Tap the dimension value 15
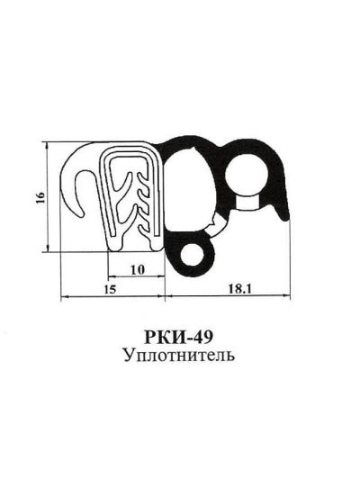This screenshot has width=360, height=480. [110, 289]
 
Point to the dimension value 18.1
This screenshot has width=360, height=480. [231, 289]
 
